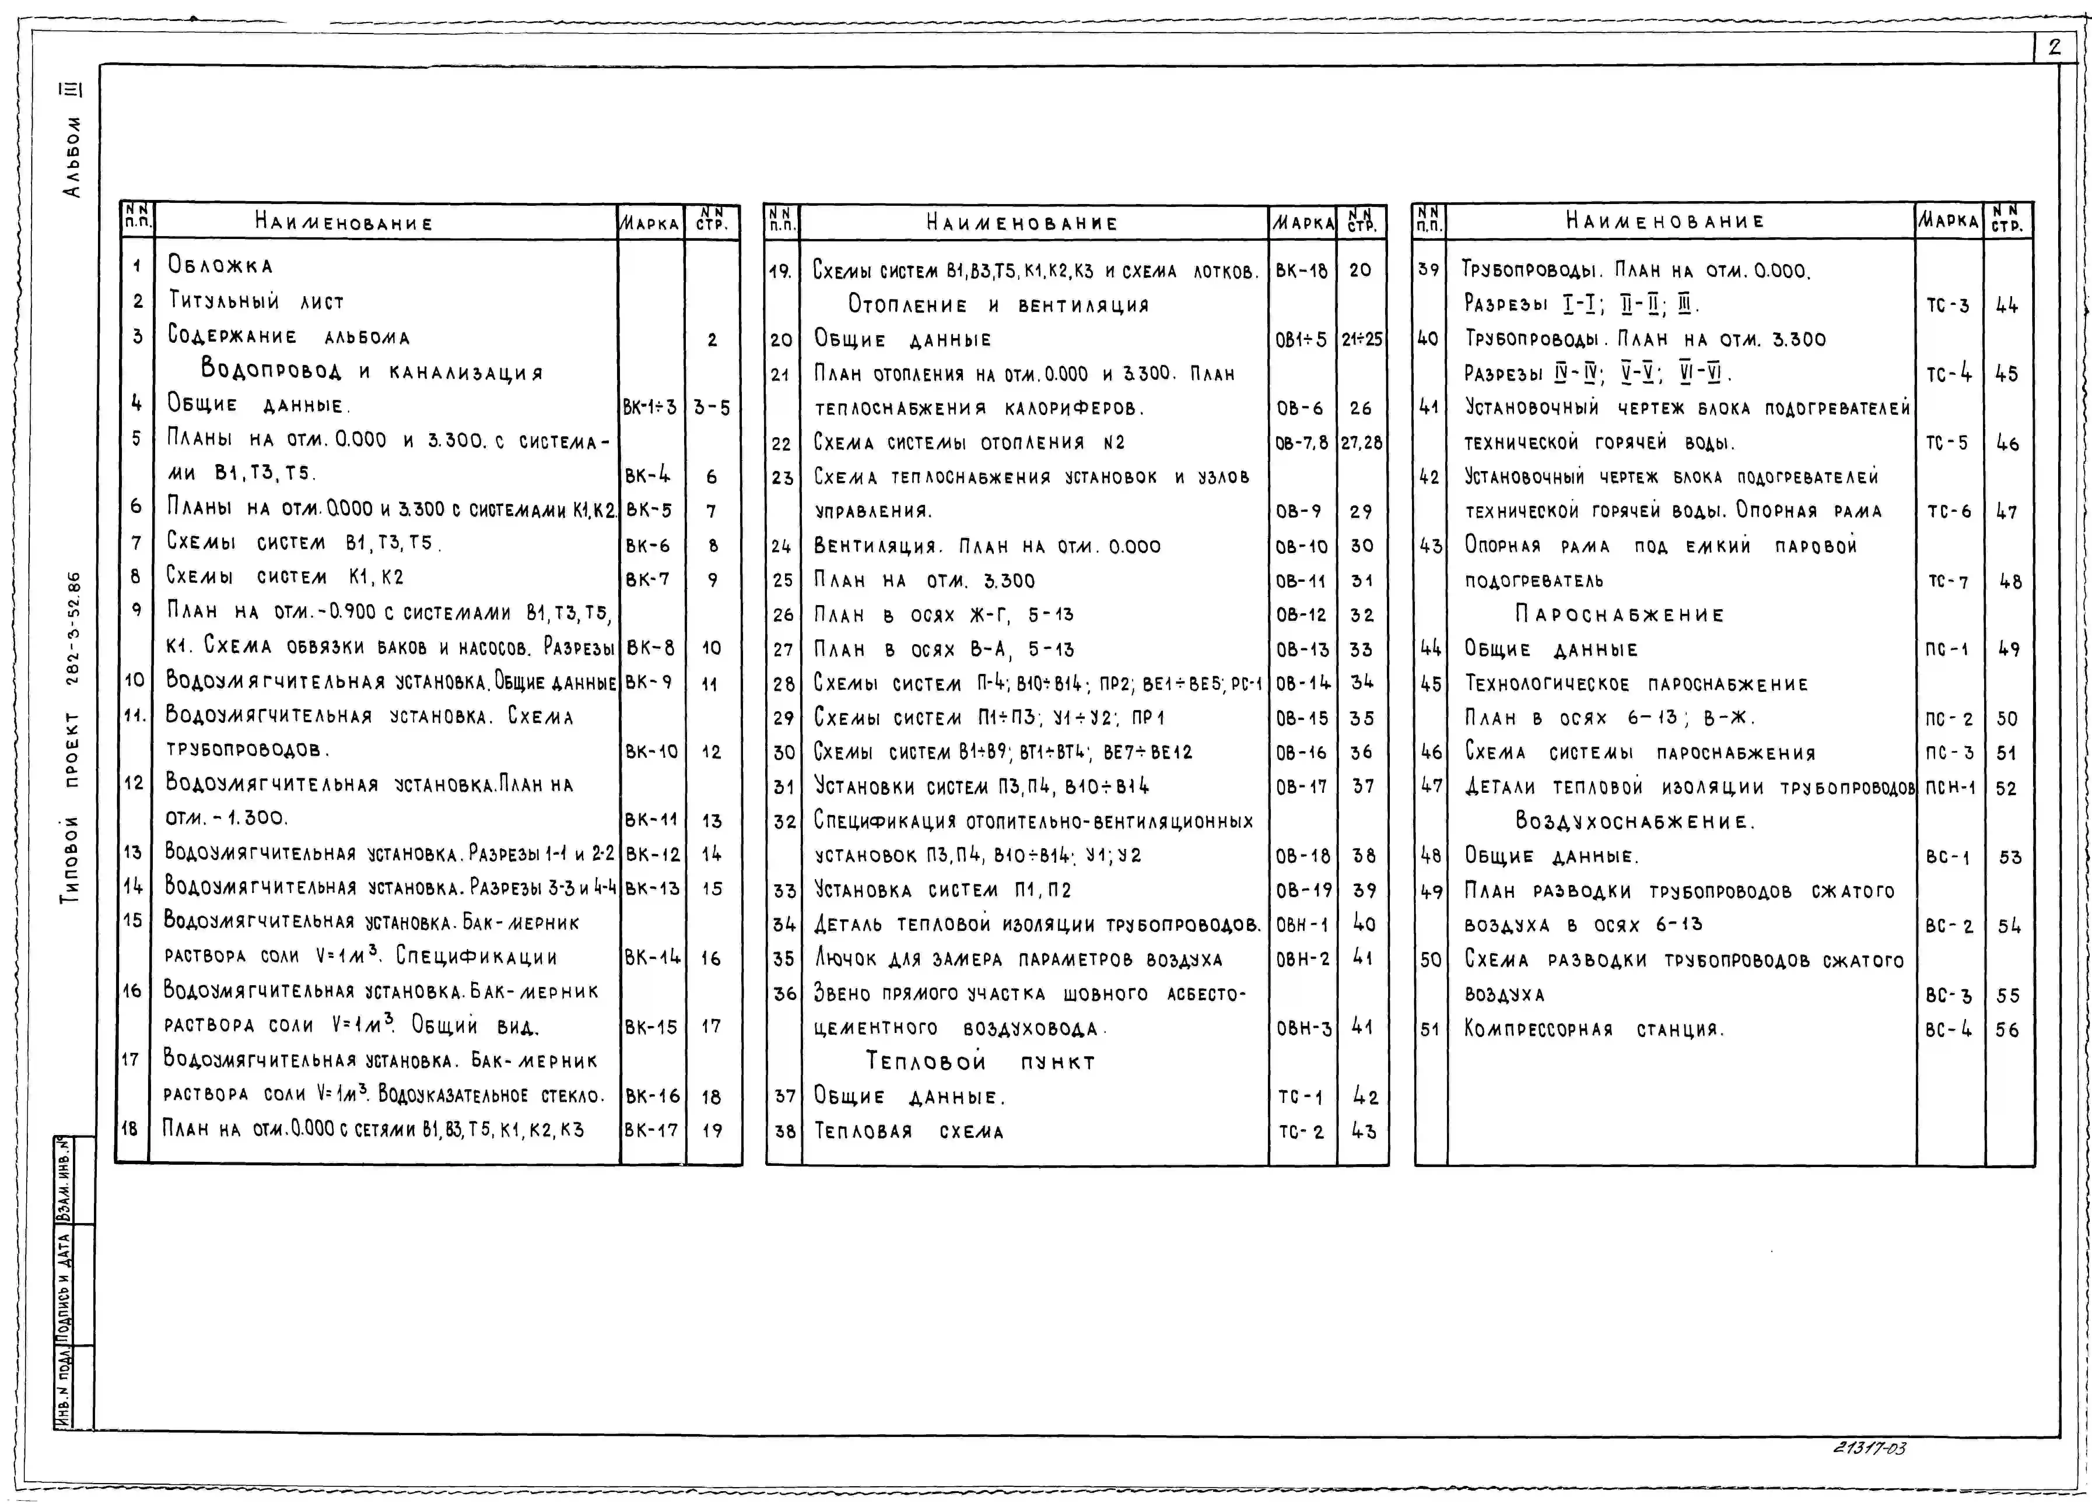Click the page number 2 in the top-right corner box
coord(2054,48)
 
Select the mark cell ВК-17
coord(651,1130)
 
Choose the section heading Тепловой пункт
coord(980,1061)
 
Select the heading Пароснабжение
coord(1619,615)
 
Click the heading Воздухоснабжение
coord(1634,822)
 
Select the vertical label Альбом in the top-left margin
coord(71,157)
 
